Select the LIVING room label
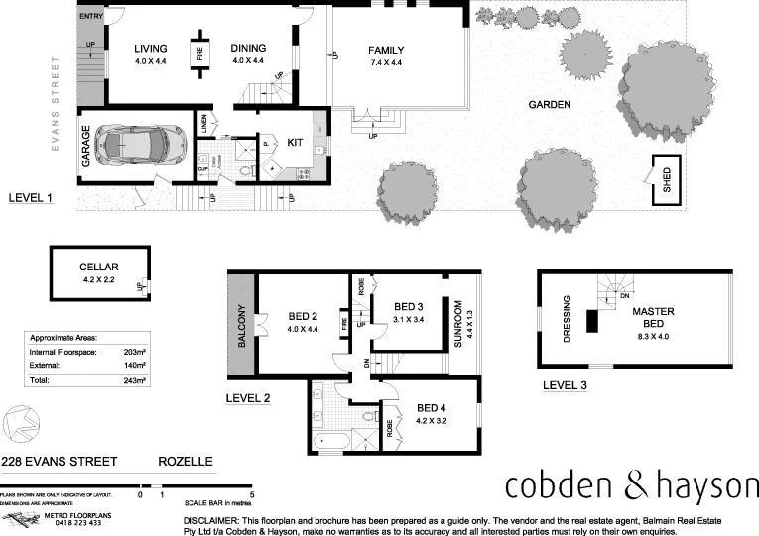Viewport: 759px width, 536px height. point(151,49)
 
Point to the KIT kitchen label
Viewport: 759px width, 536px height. point(295,143)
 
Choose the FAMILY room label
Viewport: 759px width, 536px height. point(387,50)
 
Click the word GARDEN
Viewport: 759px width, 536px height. point(549,104)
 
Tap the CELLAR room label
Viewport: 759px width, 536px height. point(99,267)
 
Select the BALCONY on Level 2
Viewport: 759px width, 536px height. point(241,324)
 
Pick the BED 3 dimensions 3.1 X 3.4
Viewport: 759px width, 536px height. point(409,320)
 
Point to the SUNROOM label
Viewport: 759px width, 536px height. point(458,320)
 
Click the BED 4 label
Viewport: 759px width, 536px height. point(432,406)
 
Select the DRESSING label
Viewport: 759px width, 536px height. point(568,318)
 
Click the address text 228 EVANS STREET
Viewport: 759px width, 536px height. point(60,462)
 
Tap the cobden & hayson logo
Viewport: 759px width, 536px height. point(631,485)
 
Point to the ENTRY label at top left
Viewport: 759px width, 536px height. point(91,17)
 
